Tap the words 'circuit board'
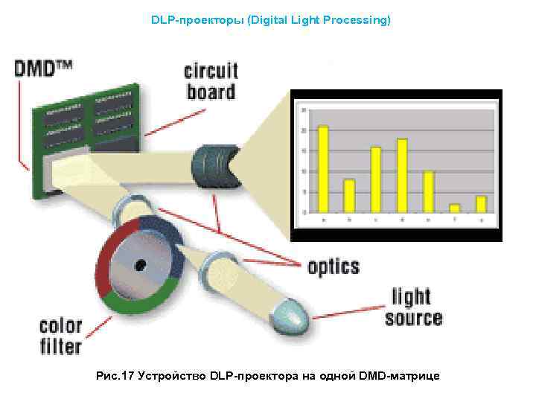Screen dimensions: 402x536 click(x=211, y=81)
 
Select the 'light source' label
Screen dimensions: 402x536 click(x=413, y=307)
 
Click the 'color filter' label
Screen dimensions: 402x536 click(x=60, y=336)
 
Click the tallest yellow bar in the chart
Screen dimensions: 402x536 click(x=323, y=169)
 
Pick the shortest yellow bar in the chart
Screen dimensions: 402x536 click(x=454, y=208)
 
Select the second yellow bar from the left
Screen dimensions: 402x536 click(x=349, y=196)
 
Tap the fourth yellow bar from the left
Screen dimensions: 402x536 click(x=402, y=175)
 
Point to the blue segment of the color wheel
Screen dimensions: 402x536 click(x=159, y=232)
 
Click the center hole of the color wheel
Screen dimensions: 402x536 click(x=139, y=264)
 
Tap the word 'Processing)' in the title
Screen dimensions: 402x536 click(x=356, y=20)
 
